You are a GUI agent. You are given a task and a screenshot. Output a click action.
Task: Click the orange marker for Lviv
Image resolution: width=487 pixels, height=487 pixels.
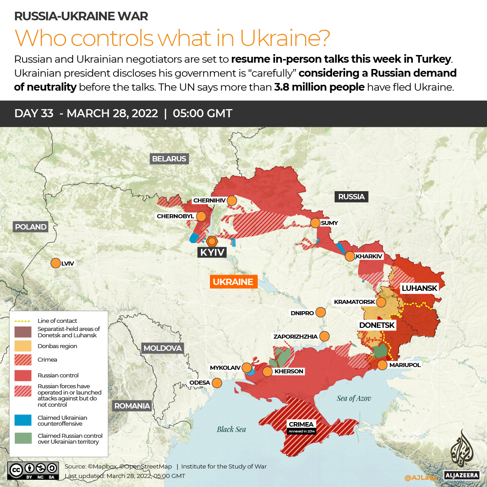(x=55, y=263)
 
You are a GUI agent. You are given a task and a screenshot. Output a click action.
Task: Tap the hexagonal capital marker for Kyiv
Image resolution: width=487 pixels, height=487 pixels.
(x=211, y=241)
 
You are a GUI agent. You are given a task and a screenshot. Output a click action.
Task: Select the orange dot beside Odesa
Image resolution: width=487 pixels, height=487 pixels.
(x=217, y=383)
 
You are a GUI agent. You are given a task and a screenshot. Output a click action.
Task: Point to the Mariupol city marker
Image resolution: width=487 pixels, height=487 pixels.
(x=382, y=365)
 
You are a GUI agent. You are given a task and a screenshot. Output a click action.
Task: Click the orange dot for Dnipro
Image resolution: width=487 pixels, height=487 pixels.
(x=321, y=312)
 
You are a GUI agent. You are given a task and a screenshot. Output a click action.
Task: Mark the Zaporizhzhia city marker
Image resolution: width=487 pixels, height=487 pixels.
(x=324, y=336)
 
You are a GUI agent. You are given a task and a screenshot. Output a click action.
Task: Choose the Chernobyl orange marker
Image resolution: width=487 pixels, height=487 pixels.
(x=201, y=216)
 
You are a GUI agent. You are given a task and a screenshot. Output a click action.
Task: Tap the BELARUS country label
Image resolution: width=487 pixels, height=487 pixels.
(x=169, y=159)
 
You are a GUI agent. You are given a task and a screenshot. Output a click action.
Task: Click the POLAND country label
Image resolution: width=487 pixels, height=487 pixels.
(x=30, y=227)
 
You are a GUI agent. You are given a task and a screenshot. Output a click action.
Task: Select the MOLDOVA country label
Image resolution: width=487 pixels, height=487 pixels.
(x=162, y=348)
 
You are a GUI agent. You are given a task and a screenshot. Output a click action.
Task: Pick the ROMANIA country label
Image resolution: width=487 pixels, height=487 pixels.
(x=132, y=406)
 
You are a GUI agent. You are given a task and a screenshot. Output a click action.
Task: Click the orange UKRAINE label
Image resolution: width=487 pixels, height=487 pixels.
(x=232, y=282)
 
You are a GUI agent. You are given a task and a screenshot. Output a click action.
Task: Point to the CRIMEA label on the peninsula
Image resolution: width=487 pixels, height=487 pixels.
(x=301, y=424)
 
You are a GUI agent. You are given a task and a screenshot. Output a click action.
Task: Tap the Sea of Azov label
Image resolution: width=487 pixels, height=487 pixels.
(x=353, y=398)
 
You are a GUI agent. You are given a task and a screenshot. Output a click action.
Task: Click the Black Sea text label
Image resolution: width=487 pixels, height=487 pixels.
(x=231, y=429)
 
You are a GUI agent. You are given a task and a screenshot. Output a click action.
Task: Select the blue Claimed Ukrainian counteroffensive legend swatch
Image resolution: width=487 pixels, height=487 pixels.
(x=23, y=420)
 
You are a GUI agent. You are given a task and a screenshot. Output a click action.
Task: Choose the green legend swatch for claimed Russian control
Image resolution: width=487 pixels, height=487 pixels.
(x=23, y=438)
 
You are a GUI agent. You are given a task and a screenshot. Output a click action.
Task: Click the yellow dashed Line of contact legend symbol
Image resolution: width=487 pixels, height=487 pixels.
(x=23, y=321)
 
